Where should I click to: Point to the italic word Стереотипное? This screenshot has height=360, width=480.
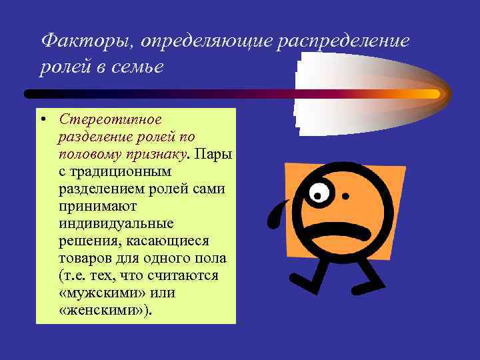(110, 120)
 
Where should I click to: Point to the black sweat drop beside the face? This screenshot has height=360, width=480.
(275, 217)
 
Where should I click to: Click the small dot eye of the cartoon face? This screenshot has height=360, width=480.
(345, 197)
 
